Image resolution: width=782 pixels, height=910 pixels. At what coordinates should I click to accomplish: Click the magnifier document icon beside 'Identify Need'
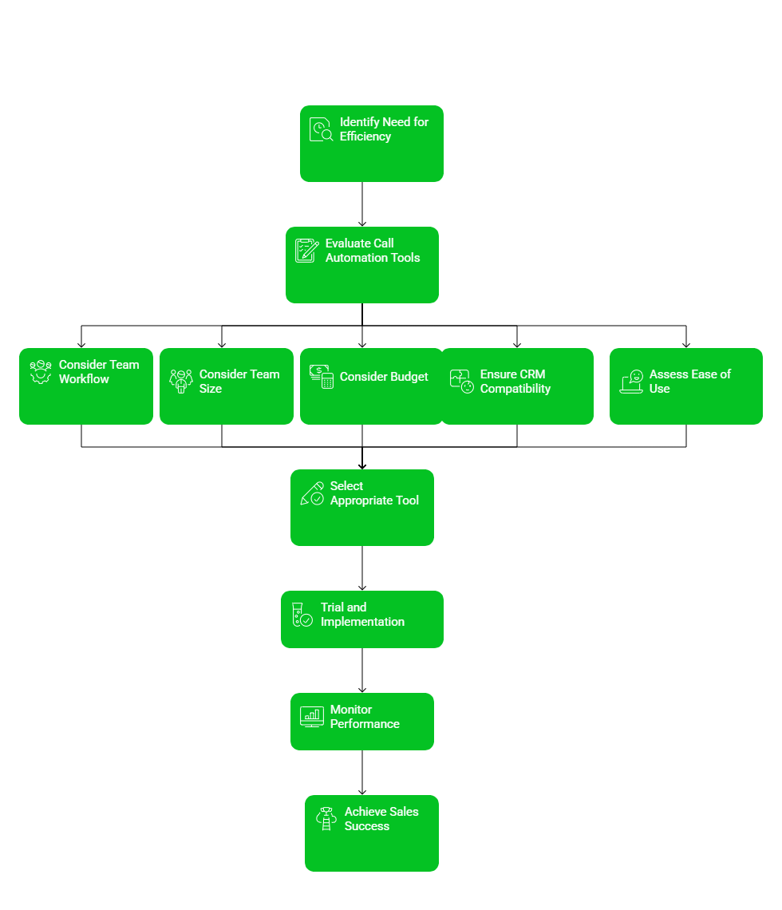pos(322,130)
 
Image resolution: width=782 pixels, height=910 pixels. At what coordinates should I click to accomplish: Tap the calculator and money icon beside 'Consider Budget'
pos(322,377)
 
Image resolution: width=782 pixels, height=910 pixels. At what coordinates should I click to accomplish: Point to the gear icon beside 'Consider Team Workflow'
pos(41,372)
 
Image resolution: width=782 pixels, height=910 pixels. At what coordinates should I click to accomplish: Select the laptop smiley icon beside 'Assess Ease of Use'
pos(632,382)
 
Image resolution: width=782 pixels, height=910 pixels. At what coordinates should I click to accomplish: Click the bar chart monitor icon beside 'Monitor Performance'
pos(312,717)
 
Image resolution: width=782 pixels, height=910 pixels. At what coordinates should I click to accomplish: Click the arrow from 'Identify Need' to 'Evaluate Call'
pos(362,204)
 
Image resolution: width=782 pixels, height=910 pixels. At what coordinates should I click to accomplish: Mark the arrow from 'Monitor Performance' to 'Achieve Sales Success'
pos(362,773)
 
